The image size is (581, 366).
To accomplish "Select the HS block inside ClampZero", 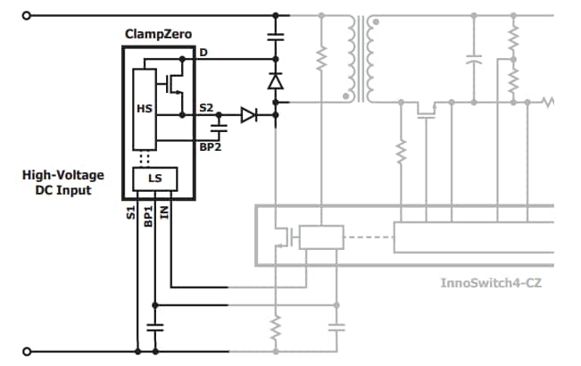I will click(x=144, y=108).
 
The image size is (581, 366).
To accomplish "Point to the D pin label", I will click(x=203, y=53).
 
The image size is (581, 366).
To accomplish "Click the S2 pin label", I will click(x=206, y=108).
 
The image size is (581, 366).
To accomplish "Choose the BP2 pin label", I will click(x=210, y=146).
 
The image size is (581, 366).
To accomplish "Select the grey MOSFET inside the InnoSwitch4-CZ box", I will click(x=285, y=237).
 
